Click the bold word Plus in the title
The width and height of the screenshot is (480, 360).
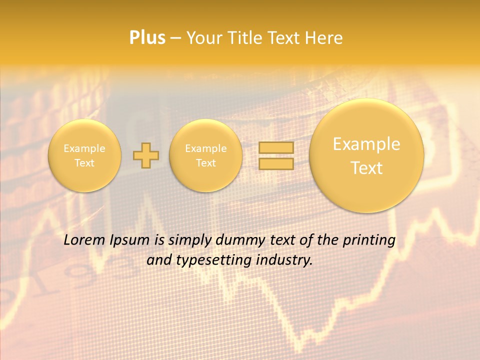(147, 38)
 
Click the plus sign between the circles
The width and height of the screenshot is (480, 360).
(146, 155)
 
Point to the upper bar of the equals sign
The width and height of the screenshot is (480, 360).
(276, 148)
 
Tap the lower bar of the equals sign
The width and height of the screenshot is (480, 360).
(276, 163)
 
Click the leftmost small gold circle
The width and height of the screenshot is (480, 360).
(84, 155)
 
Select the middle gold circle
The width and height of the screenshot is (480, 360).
(206, 155)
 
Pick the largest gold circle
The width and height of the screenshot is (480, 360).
(366, 155)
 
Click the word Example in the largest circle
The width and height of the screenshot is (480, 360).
(366, 144)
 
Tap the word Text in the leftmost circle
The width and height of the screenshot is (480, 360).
(84, 163)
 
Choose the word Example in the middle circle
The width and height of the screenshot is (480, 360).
(206, 148)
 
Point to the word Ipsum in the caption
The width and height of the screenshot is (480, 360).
(131, 240)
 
